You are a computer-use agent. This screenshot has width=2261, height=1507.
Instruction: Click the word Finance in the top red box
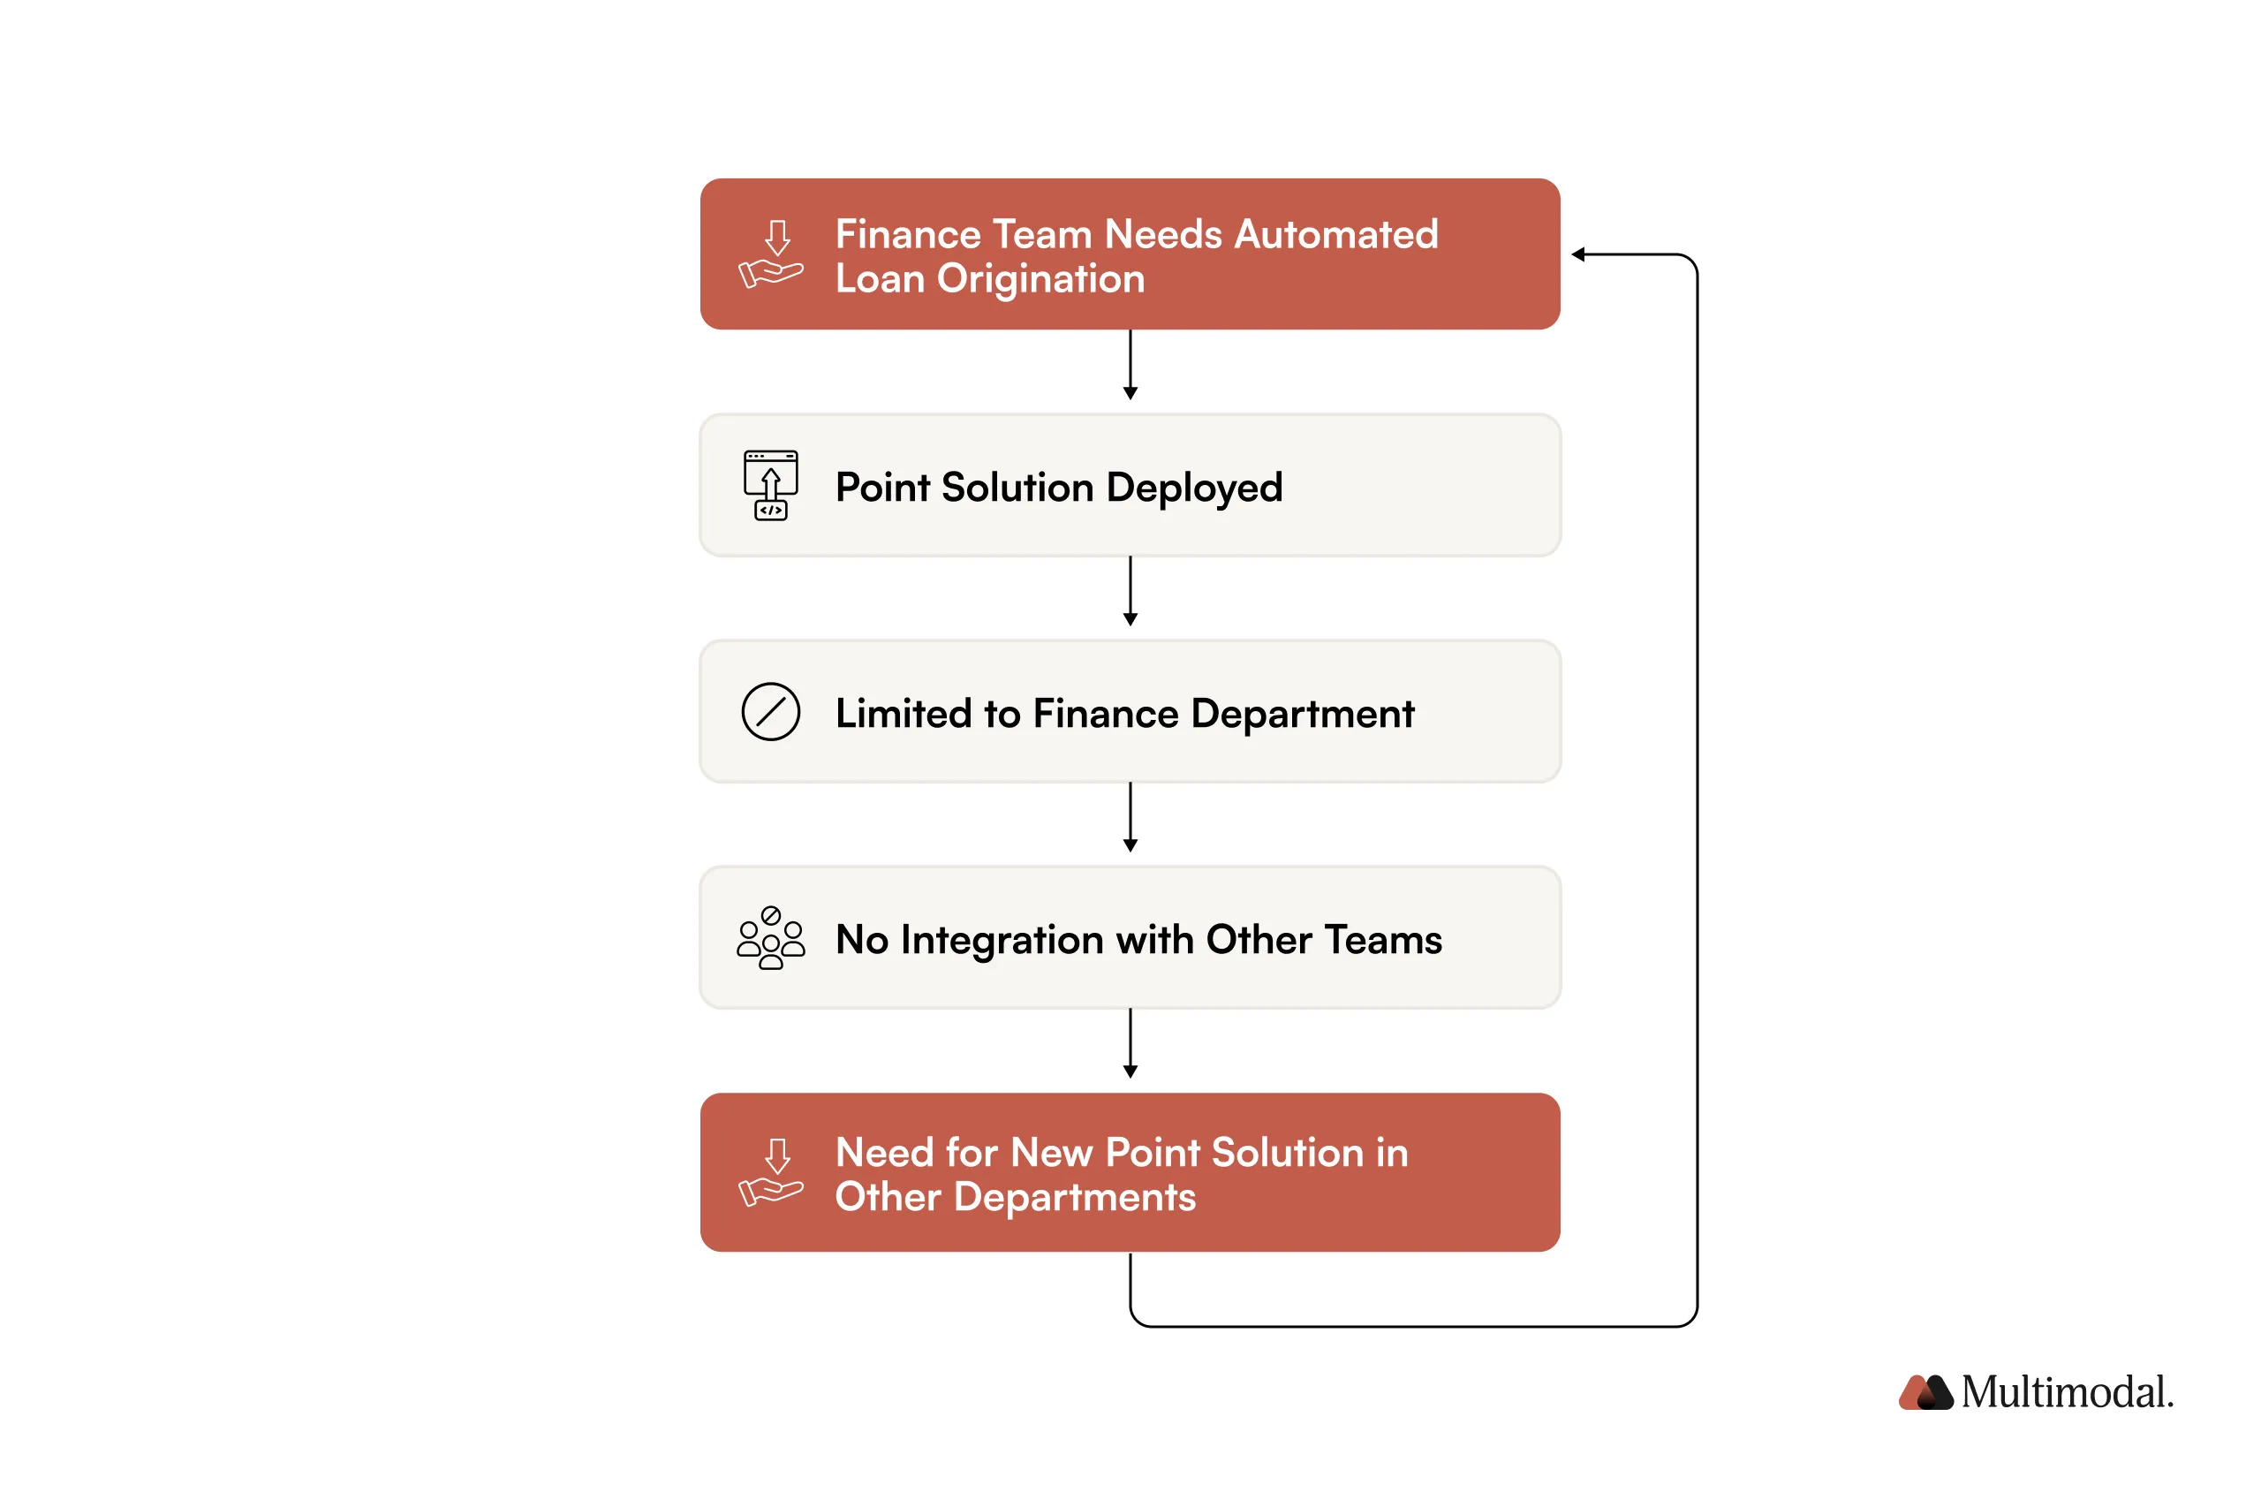coord(906,234)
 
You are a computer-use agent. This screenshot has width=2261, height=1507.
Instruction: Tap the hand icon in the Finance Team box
coord(769,254)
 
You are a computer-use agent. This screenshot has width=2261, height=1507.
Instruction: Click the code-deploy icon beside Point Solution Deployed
coord(769,485)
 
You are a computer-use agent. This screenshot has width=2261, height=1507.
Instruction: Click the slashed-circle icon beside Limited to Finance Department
coord(769,712)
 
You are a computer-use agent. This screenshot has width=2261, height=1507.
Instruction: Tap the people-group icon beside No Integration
coord(769,938)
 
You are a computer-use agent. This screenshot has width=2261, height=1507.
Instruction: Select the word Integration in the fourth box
coord(1002,941)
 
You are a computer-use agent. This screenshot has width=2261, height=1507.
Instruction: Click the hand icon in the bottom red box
coord(769,1172)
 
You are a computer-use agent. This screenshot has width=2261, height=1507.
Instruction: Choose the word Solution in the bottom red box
coord(1287,1153)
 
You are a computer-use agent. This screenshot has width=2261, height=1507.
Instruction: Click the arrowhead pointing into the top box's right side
coord(1577,254)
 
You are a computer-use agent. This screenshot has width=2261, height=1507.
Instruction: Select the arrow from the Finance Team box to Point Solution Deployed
coord(1130,365)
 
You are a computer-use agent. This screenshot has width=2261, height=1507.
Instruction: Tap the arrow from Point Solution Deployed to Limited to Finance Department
coord(1130,591)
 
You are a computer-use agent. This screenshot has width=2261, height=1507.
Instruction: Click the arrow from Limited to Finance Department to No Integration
coord(1130,818)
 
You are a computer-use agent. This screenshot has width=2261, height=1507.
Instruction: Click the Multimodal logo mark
coord(1924,1391)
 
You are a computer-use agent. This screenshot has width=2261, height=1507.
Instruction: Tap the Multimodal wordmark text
coord(2066,1391)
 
